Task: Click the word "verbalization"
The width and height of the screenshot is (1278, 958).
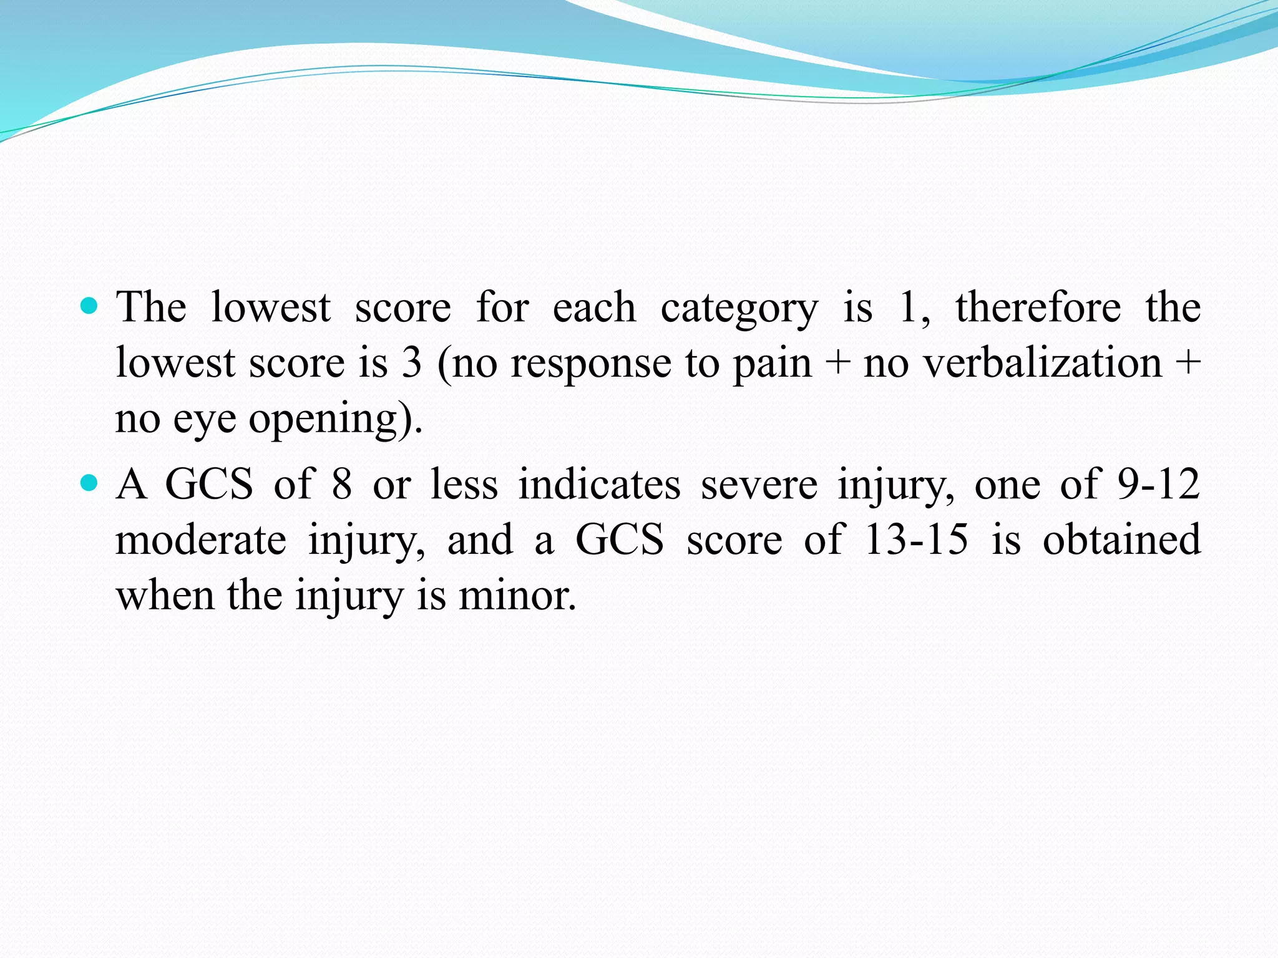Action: click(x=1043, y=362)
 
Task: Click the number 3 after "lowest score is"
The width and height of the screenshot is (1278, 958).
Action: click(x=412, y=362)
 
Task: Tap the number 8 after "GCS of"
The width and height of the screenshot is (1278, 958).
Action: click(x=341, y=484)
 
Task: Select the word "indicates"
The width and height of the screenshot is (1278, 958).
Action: click(x=599, y=484)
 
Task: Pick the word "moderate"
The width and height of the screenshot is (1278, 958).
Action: click(x=201, y=539)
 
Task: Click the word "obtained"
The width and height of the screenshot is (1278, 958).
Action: click(x=1121, y=539)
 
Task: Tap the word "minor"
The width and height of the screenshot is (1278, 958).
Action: click(x=517, y=596)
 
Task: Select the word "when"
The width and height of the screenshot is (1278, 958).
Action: click(x=165, y=596)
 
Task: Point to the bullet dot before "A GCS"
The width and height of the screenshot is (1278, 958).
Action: click(x=90, y=483)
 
